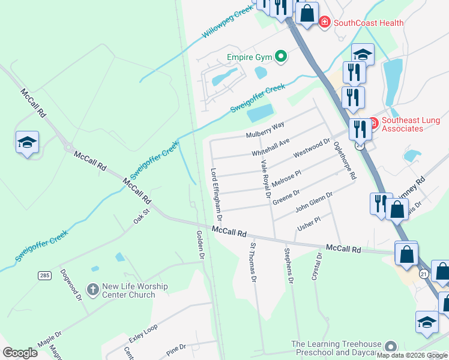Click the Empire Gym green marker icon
281,57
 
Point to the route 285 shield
44,275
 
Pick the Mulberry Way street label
264,129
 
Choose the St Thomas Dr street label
253,262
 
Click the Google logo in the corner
20,353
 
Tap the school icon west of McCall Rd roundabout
27,143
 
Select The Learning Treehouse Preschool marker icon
391,347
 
